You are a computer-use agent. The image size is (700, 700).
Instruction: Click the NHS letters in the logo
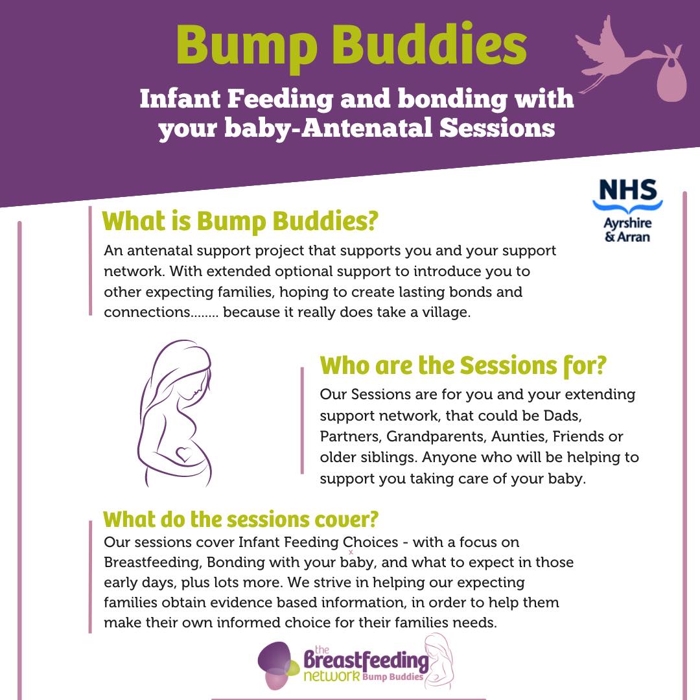(627, 191)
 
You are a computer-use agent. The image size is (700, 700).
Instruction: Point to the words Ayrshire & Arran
(627, 229)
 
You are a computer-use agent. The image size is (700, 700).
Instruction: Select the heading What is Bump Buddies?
(240, 221)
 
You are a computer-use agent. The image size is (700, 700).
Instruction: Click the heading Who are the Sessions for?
(463, 366)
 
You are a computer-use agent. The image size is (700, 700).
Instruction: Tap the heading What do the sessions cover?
(240, 519)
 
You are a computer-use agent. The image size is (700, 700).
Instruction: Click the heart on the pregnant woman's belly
(184, 453)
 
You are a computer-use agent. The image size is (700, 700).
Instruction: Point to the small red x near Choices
(351, 552)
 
